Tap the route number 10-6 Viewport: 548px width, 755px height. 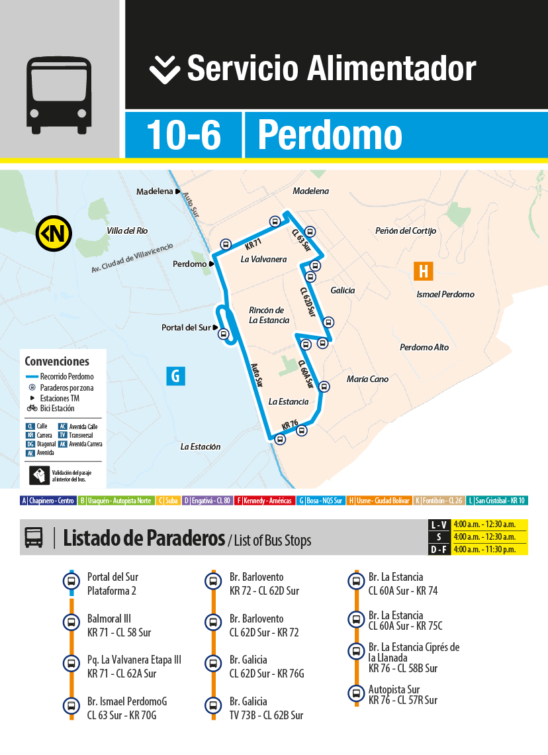[183, 134]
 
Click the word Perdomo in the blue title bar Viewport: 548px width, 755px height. [330, 134]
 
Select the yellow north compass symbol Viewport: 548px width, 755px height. [54, 233]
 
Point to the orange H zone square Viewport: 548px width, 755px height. [423, 271]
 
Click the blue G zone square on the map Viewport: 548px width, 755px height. [175, 376]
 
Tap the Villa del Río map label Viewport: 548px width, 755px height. [127, 230]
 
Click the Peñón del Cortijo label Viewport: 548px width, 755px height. [406, 230]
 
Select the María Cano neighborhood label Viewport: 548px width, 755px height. [367, 379]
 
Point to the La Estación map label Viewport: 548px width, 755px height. [201, 446]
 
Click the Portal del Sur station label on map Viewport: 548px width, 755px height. [186, 328]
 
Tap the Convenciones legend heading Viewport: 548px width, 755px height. [57, 362]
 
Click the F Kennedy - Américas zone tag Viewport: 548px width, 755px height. [264, 501]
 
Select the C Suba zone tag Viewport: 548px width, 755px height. [167, 501]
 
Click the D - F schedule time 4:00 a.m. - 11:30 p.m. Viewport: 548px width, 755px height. [484, 549]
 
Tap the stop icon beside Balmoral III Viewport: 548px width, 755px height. [71, 623]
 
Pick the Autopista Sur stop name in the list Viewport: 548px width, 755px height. [394, 689]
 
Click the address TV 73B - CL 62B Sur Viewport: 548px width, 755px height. [266, 715]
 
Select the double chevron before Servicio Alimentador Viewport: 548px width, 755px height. [164, 70]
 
